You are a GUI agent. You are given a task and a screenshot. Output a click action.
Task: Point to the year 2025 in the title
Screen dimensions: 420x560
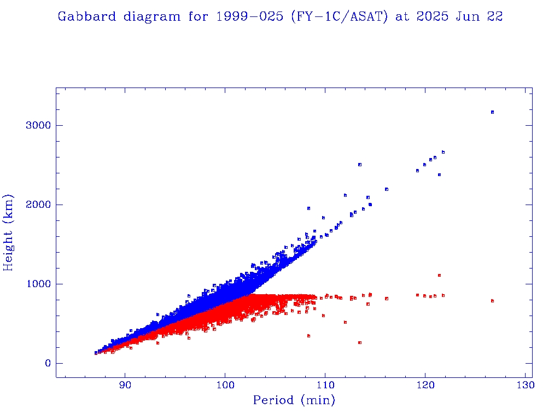tap(430, 16)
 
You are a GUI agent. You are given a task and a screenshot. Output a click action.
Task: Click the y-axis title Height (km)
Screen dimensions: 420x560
tap(9, 232)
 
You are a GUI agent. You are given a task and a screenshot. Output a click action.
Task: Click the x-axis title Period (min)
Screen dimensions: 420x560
tap(294, 400)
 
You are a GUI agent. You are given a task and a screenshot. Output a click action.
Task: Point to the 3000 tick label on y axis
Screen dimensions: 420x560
tap(38, 125)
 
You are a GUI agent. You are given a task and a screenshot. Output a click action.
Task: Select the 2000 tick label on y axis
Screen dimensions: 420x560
tap(38, 205)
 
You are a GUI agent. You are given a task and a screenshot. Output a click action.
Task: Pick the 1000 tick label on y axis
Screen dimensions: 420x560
tap(38, 284)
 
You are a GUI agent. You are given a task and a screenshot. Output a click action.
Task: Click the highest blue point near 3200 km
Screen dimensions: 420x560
tap(492, 112)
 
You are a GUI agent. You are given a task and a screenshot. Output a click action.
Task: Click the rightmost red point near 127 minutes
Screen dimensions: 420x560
tap(492, 301)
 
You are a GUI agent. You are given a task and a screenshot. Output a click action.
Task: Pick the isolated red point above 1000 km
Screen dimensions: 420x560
tap(439, 275)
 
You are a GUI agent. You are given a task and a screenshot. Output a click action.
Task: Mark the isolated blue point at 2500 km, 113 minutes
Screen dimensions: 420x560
tap(359, 165)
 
